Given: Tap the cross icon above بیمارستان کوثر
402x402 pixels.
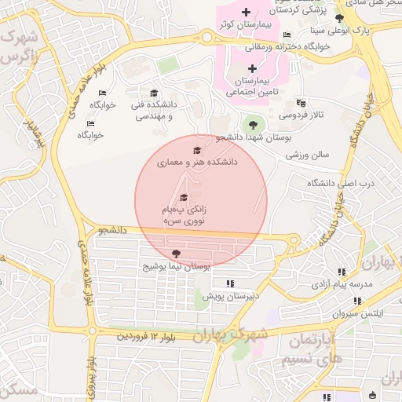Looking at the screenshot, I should point(247,12).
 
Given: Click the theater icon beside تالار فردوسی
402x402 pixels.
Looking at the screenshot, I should point(301,103).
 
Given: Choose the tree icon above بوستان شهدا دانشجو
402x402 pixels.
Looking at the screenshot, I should point(252,124).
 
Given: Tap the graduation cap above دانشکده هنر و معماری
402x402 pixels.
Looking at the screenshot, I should point(196,150).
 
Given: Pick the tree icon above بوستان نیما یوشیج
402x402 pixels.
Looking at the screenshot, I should point(175,254).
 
